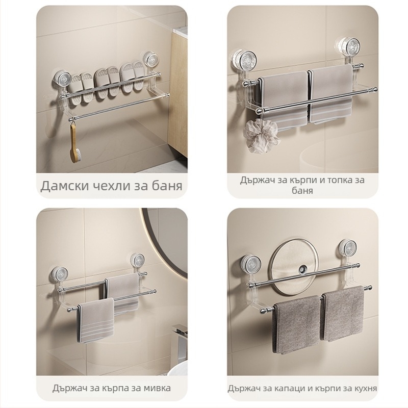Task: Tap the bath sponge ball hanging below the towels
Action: pos(261,136)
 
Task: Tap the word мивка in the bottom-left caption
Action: pos(157,388)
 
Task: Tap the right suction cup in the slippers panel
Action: pos(148,59)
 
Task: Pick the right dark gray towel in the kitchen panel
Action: pos(342,314)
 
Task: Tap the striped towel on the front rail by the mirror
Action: pos(96,321)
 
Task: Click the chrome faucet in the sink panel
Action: pos(181,338)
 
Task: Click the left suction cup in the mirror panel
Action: pos(60,274)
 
